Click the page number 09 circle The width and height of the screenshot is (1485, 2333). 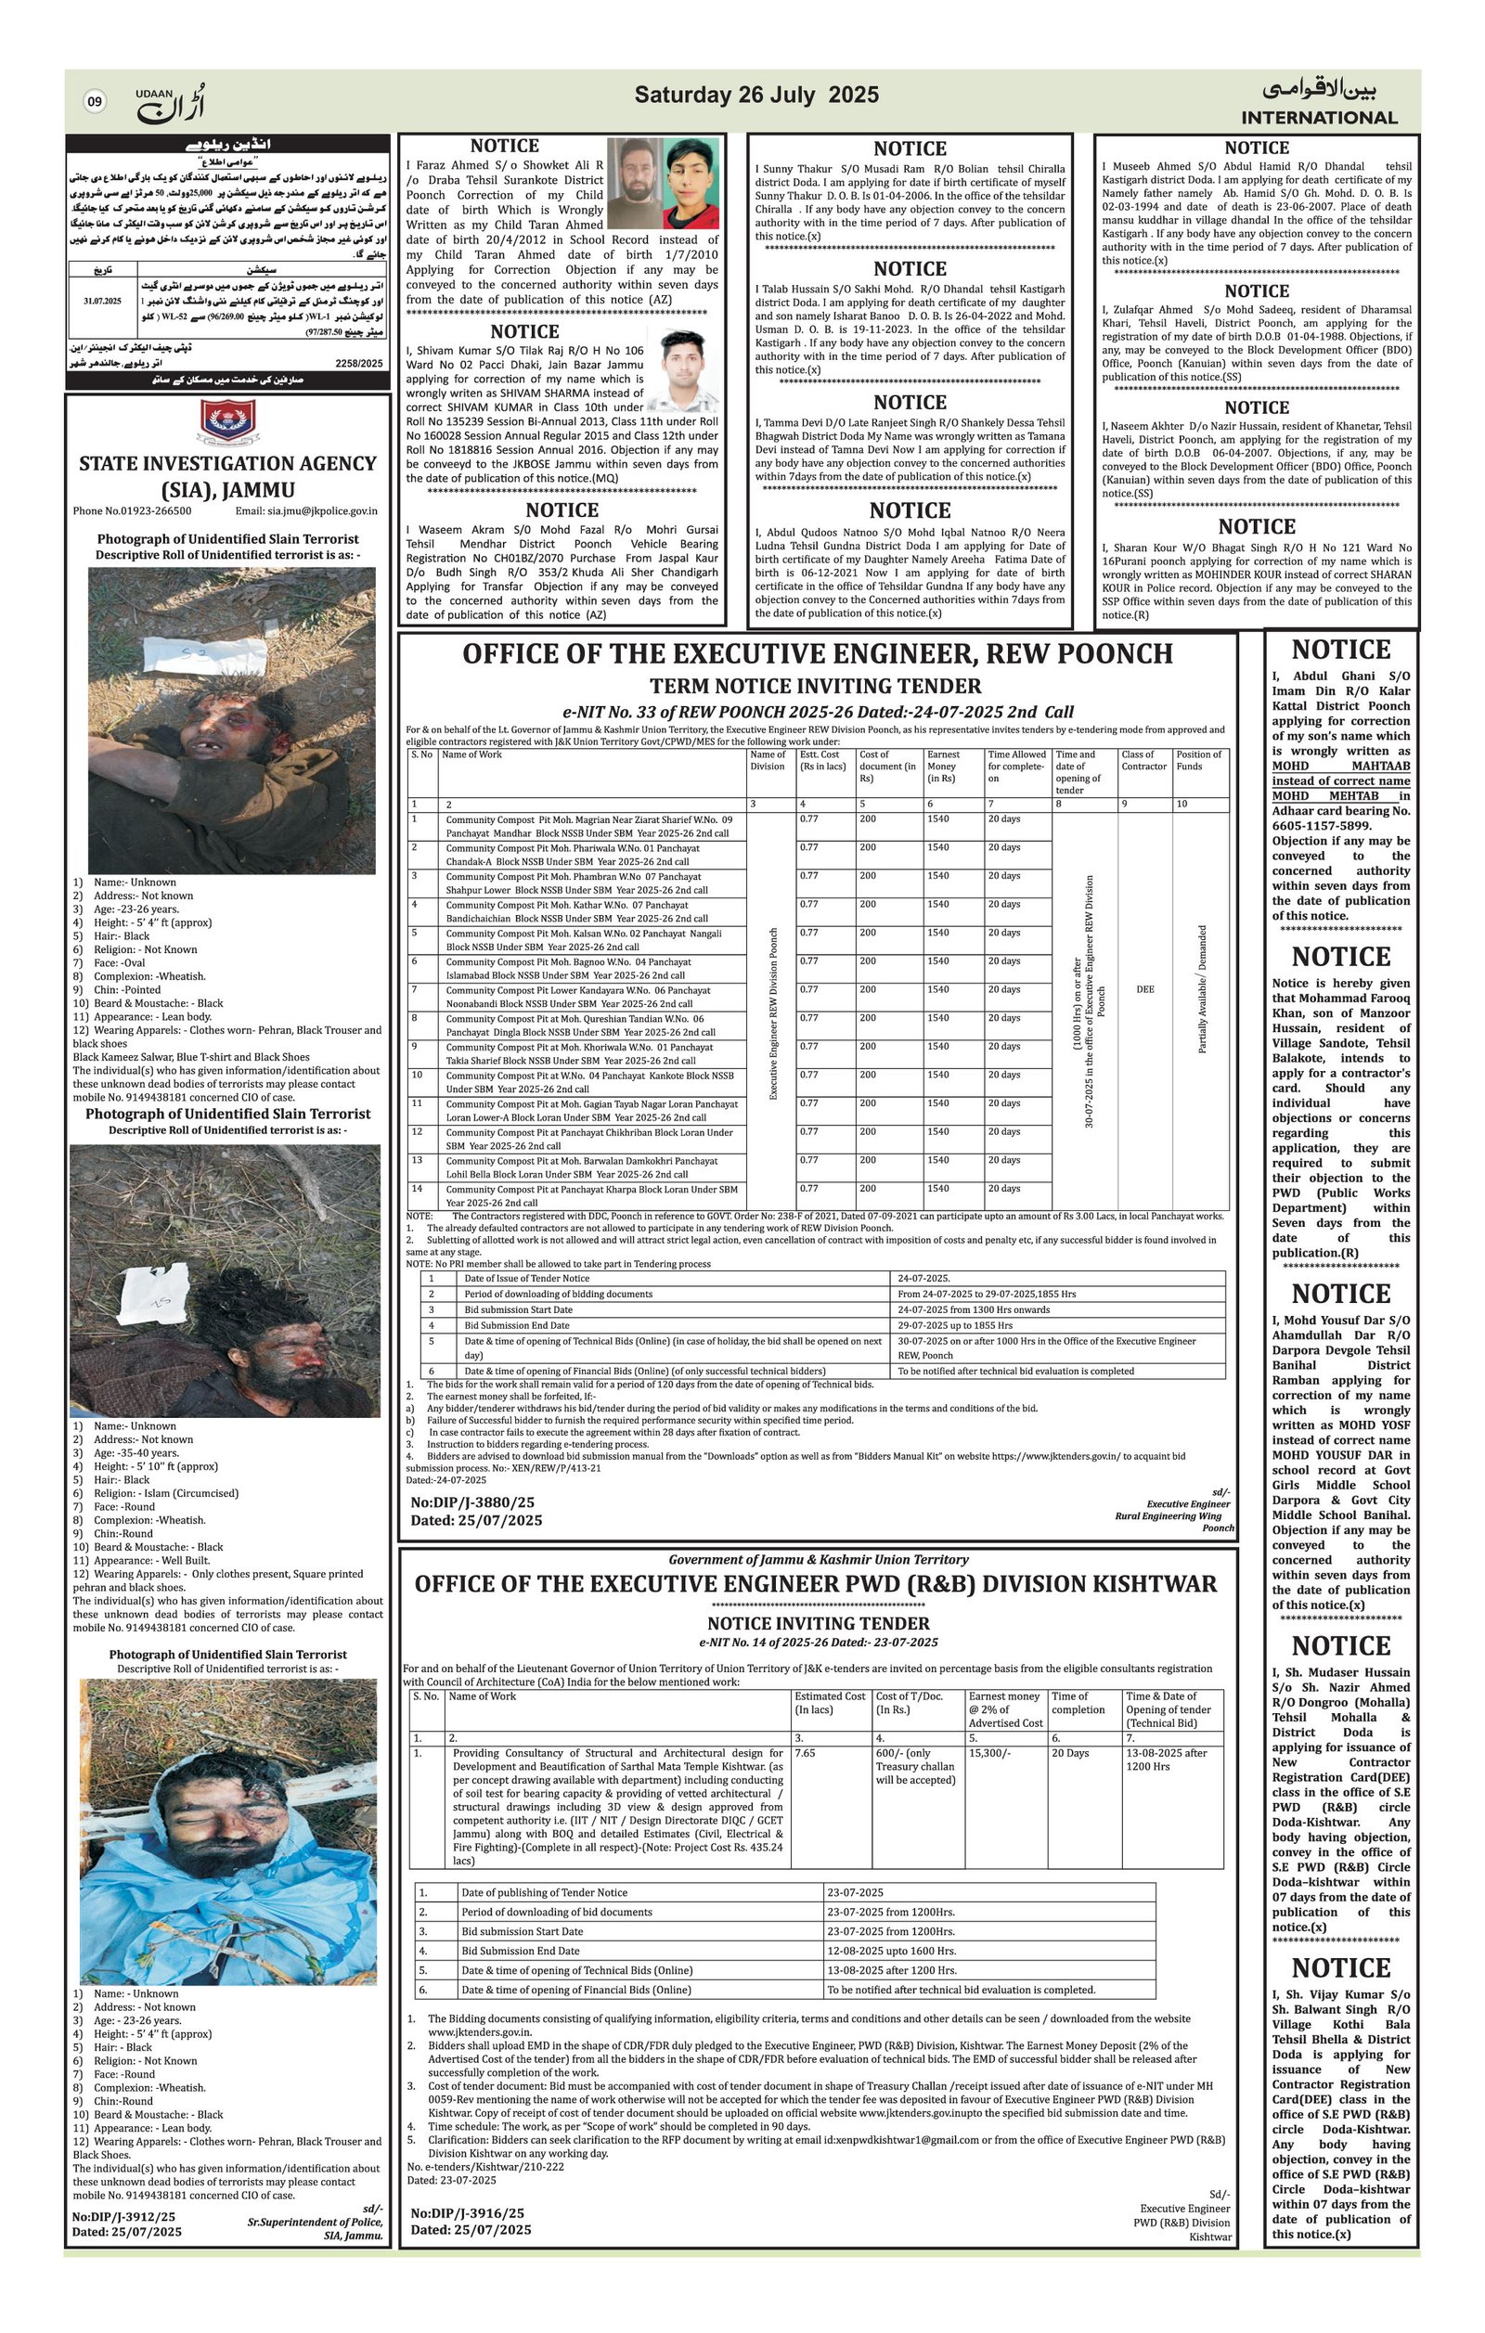[95, 101]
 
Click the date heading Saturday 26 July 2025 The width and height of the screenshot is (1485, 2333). [756, 95]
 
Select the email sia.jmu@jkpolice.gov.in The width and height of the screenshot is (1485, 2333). [306, 510]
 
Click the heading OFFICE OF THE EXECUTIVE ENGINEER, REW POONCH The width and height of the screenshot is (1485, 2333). [817, 654]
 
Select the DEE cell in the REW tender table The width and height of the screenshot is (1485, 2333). [1144, 989]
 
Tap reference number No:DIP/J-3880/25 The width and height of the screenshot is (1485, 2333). [472, 1502]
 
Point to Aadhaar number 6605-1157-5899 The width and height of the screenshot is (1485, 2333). [1321, 826]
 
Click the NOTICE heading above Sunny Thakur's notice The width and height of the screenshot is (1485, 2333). [909, 149]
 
